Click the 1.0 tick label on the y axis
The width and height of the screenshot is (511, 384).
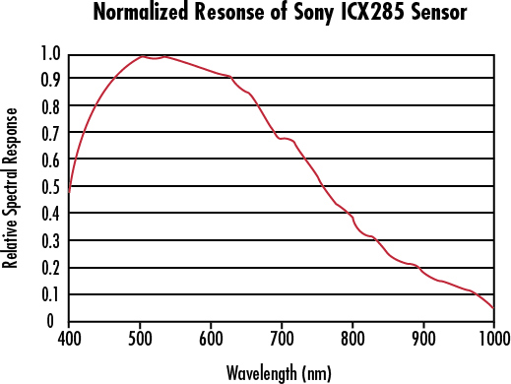50,53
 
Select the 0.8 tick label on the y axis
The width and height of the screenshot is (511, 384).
50,106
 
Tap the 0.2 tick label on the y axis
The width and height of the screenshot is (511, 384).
50,268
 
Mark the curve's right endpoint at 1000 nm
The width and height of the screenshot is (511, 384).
494,308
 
